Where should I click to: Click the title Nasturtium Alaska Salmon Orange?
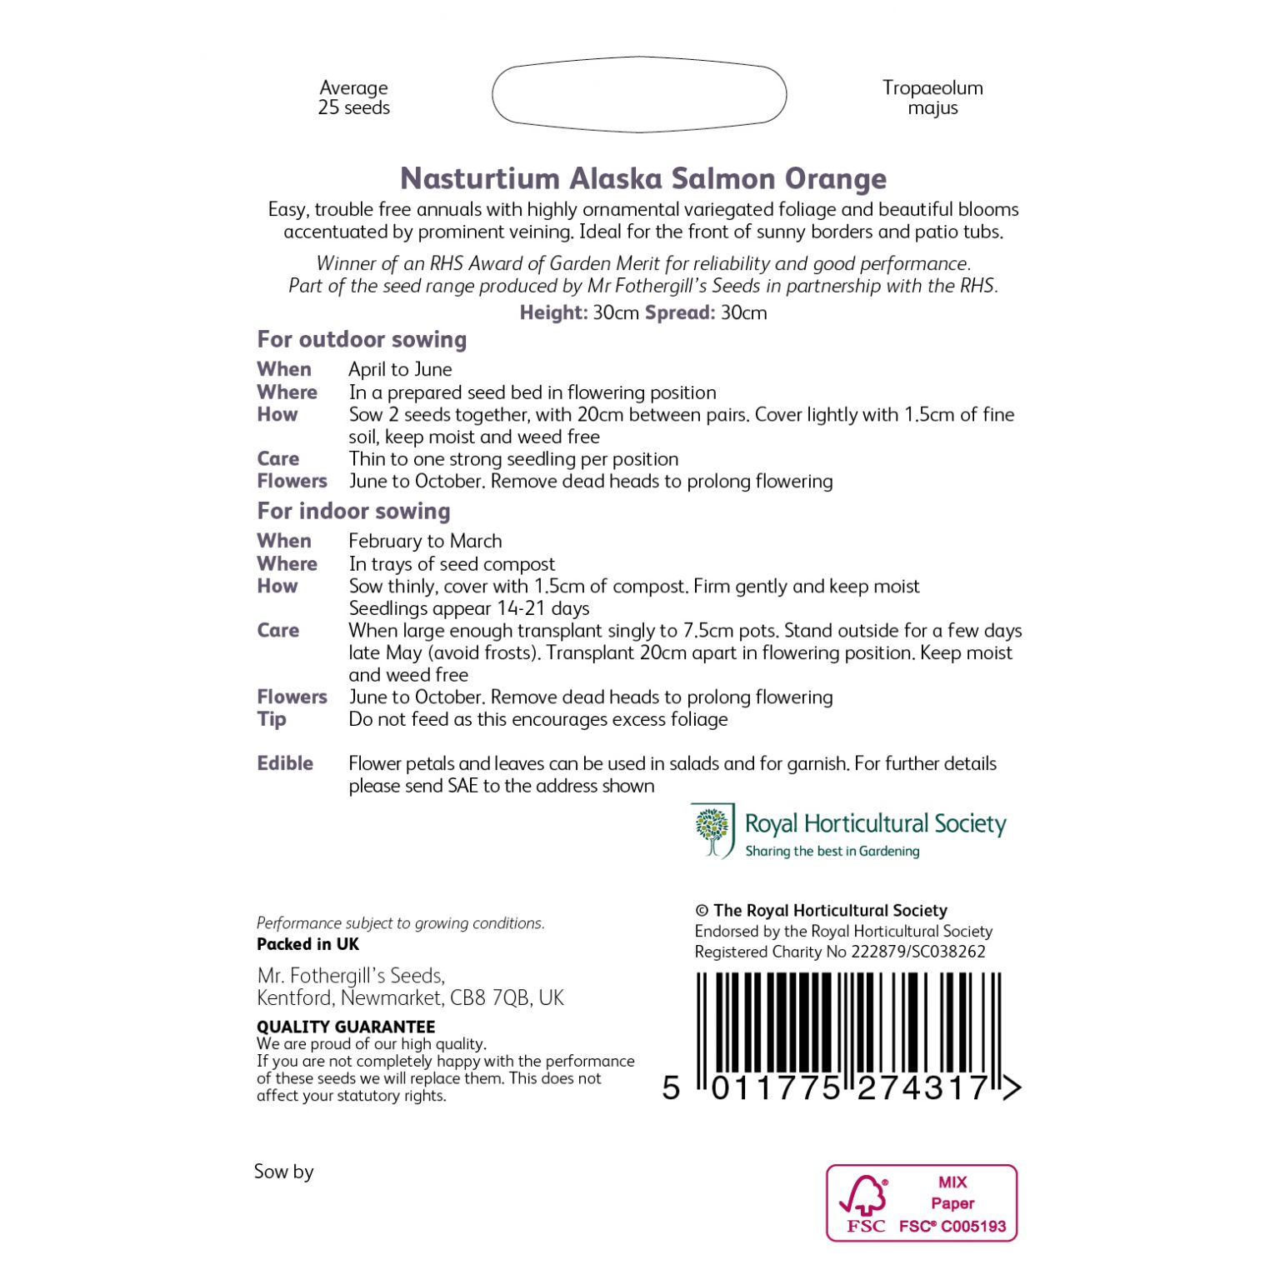point(642,178)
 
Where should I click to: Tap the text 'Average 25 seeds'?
point(353,97)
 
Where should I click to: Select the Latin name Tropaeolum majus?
point(932,97)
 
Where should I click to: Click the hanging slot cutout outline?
point(639,95)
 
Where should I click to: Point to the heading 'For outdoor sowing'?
point(362,339)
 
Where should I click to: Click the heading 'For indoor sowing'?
point(353,511)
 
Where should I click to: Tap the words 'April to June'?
point(400,369)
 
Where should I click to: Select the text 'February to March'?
point(425,541)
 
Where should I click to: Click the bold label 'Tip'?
point(272,719)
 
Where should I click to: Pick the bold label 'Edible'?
point(285,763)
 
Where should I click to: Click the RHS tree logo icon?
point(712,831)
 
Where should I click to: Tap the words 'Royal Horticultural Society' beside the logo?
point(875,824)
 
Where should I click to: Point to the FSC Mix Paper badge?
point(922,1202)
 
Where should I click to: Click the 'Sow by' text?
point(283,1172)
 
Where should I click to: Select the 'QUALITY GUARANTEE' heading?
point(346,1027)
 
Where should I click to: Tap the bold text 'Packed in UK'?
point(307,944)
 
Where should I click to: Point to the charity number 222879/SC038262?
point(917,952)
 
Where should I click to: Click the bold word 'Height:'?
point(553,312)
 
